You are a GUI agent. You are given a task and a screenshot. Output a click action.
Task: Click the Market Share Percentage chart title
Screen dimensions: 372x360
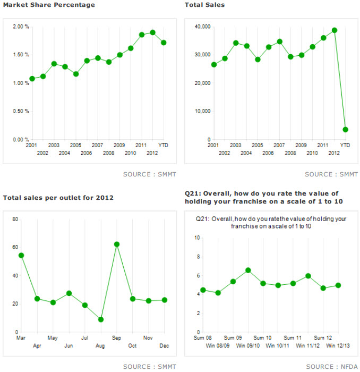tap(49, 5)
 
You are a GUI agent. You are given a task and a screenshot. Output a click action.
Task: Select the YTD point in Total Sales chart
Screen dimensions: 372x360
tap(345, 129)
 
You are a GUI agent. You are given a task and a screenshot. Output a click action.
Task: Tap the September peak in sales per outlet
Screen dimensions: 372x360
tap(116, 244)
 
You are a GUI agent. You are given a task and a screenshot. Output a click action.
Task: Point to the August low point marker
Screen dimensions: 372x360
tap(100, 319)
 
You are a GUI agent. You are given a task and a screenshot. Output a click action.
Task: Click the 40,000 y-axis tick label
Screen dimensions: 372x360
tap(202, 27)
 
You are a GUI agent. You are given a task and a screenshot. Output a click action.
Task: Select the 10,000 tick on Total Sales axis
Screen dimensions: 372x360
tap(202, 111)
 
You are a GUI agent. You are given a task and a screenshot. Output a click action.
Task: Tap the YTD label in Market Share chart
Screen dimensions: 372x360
tap(164, 145)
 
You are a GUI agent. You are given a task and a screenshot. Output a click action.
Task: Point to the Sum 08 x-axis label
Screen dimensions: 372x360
tap(203, 338)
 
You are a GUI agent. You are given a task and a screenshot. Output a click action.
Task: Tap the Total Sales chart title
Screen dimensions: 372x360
tap(204, 5)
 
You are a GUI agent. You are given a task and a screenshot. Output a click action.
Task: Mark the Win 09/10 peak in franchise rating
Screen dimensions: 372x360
tap(247, 270)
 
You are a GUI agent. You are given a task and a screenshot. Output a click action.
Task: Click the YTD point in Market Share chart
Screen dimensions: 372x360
tap(164, 43)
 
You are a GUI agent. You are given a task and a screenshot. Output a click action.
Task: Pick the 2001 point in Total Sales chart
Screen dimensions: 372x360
tap(213, 65)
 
